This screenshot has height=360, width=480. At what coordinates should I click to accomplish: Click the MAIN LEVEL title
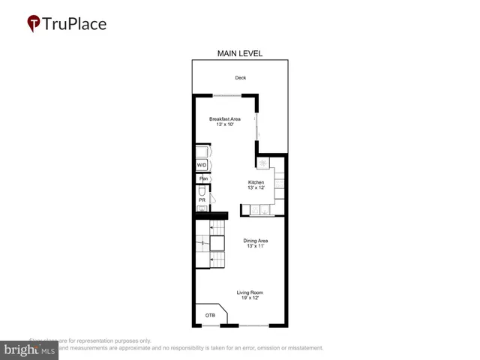tap(240, 53)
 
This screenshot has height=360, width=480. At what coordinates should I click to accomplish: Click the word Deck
tap(240, 78)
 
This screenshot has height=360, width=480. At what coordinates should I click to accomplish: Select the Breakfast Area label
tap(224, 119)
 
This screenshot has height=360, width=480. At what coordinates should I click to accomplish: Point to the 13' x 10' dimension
tap(224, 125)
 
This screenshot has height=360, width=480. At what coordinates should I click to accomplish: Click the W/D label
tap(202, 165)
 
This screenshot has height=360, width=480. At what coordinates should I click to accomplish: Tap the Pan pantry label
tap(202, 178)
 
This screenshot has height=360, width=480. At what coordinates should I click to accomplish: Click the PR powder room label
tap(202, 199)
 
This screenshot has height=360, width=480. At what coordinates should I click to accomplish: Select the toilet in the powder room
tap(202, 190)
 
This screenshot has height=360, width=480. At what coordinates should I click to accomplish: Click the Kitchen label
tap(256, 182)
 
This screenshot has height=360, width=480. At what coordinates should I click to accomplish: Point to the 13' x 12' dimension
tap(256, 188)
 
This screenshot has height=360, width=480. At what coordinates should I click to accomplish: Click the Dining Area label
tap(256, 241)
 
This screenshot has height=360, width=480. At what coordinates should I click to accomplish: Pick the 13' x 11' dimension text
tap(256, 247)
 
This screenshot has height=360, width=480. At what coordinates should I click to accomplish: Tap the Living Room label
tap(250, 292)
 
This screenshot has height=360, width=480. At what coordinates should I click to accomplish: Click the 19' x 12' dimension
tap(250, 298)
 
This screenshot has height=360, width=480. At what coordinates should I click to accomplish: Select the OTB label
tap(210, 316)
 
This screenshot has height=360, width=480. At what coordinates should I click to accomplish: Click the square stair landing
tap(217, 243)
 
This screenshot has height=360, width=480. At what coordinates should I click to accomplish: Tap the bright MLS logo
tap(30, 349)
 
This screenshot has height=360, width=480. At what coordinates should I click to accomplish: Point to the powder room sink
tap(201, 208)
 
